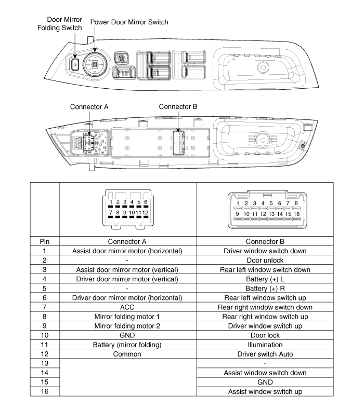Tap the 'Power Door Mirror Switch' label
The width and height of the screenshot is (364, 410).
pyautogui.click(x=129, y=22)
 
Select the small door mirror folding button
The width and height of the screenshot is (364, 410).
pyautogui.click(x=75, y=64)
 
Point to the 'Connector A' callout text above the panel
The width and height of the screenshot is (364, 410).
pyautogui.click(x=89, y=107)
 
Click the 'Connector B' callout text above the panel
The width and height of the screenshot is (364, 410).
pyautogui.click(x=178, y=107)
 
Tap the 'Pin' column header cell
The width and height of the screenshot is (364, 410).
pyautogui.click(x=45, y=241)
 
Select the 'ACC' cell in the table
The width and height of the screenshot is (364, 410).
pyautogui.click(x=128, y=307)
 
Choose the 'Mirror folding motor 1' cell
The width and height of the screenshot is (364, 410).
pyautogui.click(x=128, y=317)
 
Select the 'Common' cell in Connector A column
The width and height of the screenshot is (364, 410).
pyautogui.click(x=128, y=354)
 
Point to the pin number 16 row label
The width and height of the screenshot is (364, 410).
pyautogui.click(x=45, y=391)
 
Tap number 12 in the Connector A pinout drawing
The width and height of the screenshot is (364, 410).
pyautogui.click(x=146, y=212)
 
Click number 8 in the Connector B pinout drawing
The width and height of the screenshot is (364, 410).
pyautogui.click(x=296, y=203)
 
